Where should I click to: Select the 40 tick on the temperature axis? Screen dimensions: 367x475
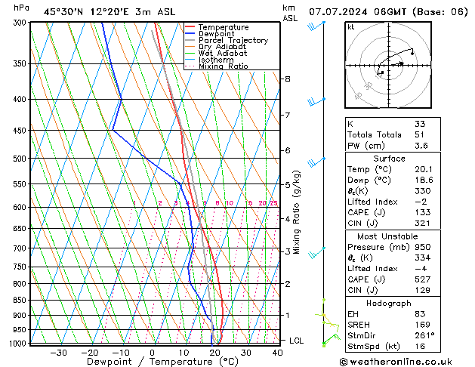(x=278, y=352)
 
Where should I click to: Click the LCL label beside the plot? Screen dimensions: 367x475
(x=296, y=341)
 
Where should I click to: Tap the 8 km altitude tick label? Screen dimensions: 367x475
(x=288, y=79)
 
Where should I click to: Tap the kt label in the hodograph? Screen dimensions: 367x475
(x=350, y=27)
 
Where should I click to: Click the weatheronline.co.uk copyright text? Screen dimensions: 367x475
(x=406, y=361)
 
